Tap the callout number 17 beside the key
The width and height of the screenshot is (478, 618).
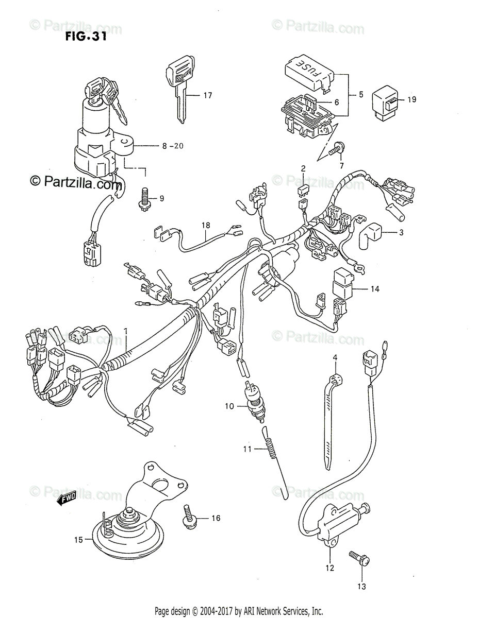[207, 95]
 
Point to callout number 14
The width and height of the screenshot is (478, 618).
[374, 289]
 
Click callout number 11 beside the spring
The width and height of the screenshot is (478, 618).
[247, 449]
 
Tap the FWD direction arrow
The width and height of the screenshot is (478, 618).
[67, 498]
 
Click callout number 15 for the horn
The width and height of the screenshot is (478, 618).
[78, 540]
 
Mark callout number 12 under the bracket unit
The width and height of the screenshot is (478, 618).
[329, 568]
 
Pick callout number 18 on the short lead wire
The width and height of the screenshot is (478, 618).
[206, 226]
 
